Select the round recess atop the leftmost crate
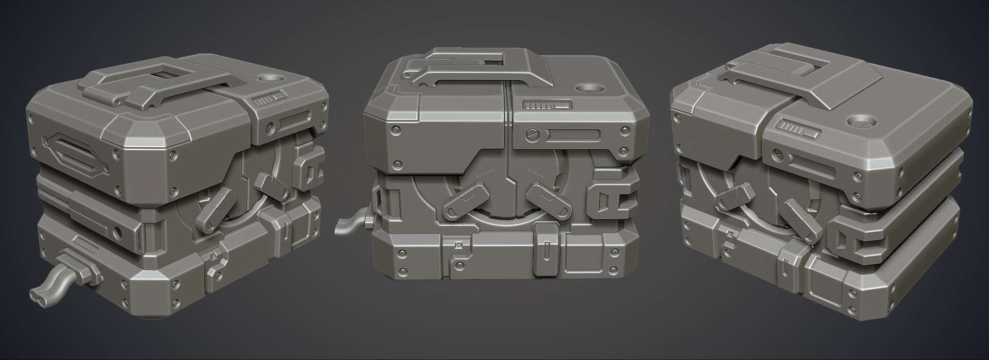pyautogui.click(x=268, y=79)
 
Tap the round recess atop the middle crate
pyautogui.click(x=590, y=88)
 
